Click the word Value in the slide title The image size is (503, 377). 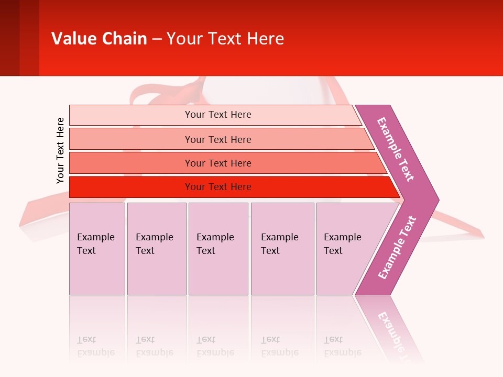pyautogui.click(x=73, y=39)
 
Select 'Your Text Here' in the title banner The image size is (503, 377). pyautogui.click(x=225, y=39)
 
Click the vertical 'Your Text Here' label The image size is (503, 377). pyautogui.click(x=60, y=150)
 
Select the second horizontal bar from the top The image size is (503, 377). pyautogui.click(x=217, y=139)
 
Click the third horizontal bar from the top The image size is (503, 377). pyautogui.click(x=217, y=163)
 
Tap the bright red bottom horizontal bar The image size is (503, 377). pyautogui.click(x=217, y=187)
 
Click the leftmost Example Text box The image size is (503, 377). pyautogui.click(x=97, y=248)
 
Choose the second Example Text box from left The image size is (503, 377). pyautogui.click(x=157, y=248)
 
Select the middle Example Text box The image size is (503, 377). pyautogui.click(x=218, y=248)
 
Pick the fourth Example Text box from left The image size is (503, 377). pyautogui.click(x=282, y=248)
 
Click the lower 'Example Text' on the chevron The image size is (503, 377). pyautogui.click(x=397, y=247)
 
